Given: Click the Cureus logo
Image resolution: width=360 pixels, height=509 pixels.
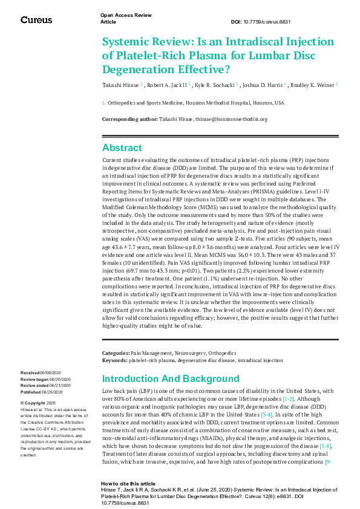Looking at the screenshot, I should point(36,20).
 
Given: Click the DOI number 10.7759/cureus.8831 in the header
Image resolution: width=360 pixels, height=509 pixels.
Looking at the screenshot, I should point(268,21).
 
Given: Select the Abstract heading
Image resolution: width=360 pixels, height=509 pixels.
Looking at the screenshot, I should point(122,148).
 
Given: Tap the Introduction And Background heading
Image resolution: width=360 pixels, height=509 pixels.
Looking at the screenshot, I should point(171,379).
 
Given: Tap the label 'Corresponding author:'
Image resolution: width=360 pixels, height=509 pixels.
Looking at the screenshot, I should point(130,119).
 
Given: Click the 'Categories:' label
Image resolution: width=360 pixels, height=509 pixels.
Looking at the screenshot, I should point(116,352).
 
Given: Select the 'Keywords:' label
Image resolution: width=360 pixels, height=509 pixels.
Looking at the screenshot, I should point(115,359).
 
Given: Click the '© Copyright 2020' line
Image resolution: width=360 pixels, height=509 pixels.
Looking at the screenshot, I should point(38,403).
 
